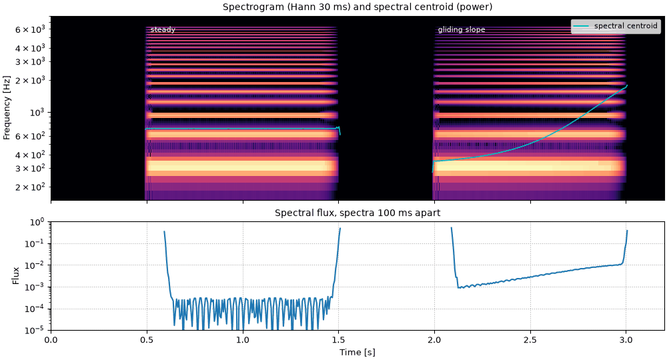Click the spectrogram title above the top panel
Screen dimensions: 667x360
358,7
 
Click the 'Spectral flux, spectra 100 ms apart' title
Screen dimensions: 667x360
358,213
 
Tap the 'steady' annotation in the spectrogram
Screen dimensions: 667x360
163,29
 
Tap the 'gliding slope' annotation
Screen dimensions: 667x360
462,30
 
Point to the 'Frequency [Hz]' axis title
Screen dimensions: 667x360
7,108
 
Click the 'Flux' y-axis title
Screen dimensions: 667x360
16,275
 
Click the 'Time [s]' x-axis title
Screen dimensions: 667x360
358,352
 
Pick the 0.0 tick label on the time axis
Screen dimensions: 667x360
51,339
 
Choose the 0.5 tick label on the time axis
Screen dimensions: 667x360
147,339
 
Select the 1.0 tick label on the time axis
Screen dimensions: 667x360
243,339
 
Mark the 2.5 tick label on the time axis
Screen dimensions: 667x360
530,339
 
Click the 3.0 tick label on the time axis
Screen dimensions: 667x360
626,339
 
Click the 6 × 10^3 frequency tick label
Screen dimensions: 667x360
30,29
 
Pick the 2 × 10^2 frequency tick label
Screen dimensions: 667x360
30,187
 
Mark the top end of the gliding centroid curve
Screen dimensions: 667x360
627,85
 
